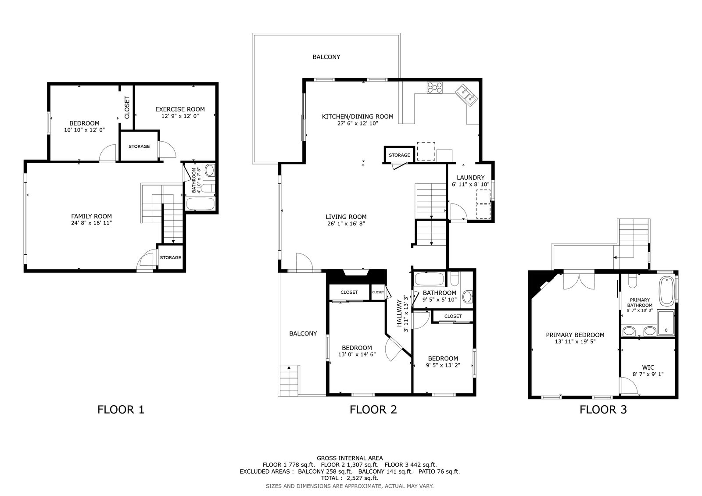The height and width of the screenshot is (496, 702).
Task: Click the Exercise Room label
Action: coord(180,109)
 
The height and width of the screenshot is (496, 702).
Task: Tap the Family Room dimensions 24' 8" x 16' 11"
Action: coord(92,223)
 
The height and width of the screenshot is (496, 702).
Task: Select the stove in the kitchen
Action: coord(434,87)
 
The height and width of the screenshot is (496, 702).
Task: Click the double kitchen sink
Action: coord(466,95)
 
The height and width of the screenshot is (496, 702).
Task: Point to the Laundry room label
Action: coord(470,178)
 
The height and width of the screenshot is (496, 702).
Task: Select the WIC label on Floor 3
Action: coord(648,367)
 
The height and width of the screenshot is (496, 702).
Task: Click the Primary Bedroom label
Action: coord(575,335)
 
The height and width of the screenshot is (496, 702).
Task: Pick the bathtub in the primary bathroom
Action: coord(667,291)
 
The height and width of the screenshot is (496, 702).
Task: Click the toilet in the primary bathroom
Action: coord(632,282)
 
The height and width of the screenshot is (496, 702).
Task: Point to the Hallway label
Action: coord(399,313)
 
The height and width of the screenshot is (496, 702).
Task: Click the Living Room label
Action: coord(346,217)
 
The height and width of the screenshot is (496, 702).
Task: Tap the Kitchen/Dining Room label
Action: coord(358,117)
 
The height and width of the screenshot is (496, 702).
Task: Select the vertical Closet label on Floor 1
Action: coord(127,107)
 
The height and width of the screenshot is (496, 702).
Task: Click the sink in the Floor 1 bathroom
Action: coord(209,171)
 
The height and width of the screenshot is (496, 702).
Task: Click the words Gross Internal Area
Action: coord(350,458)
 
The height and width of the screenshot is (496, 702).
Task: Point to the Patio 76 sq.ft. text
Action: coord(439,471)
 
